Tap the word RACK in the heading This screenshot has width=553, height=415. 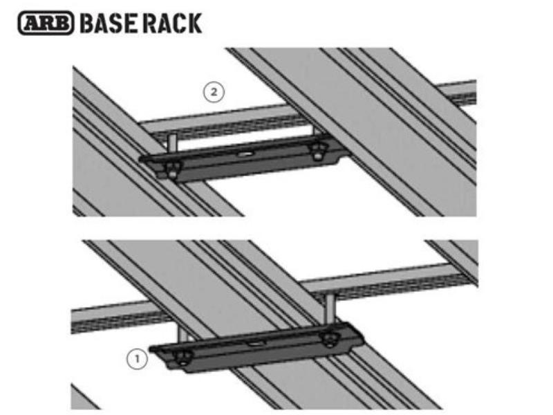pos(174,22)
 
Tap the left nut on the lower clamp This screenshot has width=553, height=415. pos(184,356)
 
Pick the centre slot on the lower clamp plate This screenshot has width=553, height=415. pos(255,342)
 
